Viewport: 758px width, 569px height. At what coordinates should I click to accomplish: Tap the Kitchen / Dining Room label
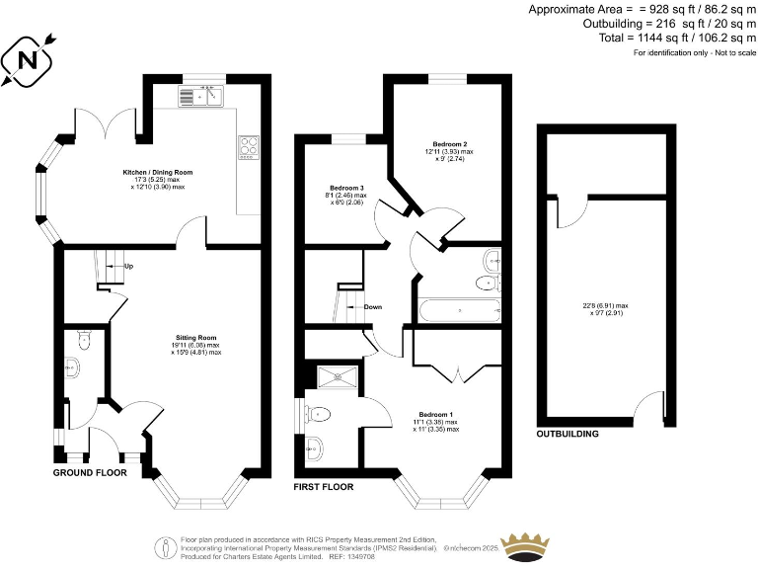[157, 172]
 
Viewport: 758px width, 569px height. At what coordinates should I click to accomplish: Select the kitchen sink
[201, 96]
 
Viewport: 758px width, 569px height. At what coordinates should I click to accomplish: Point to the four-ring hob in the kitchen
[247, 146]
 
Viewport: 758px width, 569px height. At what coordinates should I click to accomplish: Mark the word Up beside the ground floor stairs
[129, 267]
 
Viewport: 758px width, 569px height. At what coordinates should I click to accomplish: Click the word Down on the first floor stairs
[372, 306]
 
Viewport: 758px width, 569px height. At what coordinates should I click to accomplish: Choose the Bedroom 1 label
[437, 414]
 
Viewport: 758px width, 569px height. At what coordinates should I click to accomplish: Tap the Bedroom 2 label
[449, 144]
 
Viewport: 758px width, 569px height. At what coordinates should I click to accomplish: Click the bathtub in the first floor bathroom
[460, 310]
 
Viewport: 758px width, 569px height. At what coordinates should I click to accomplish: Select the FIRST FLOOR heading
[324, 487]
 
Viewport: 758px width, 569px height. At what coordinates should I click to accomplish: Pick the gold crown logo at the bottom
[525, 546]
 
